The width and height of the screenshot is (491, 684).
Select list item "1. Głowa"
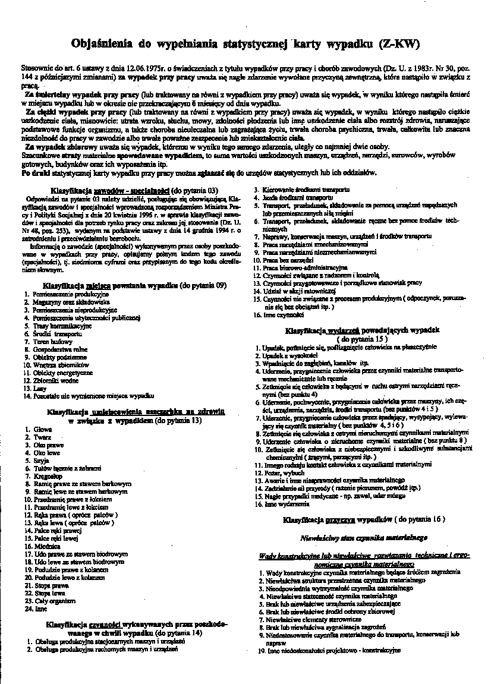point(39,429)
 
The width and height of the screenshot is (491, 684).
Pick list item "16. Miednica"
point(43,546)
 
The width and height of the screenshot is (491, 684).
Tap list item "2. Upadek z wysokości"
point(289,354)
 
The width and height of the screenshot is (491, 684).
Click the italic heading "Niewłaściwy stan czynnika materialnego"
point(364,538)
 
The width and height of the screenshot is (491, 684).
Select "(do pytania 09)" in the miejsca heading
point(204,285)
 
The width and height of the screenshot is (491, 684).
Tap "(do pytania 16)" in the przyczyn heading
point(421,519)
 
